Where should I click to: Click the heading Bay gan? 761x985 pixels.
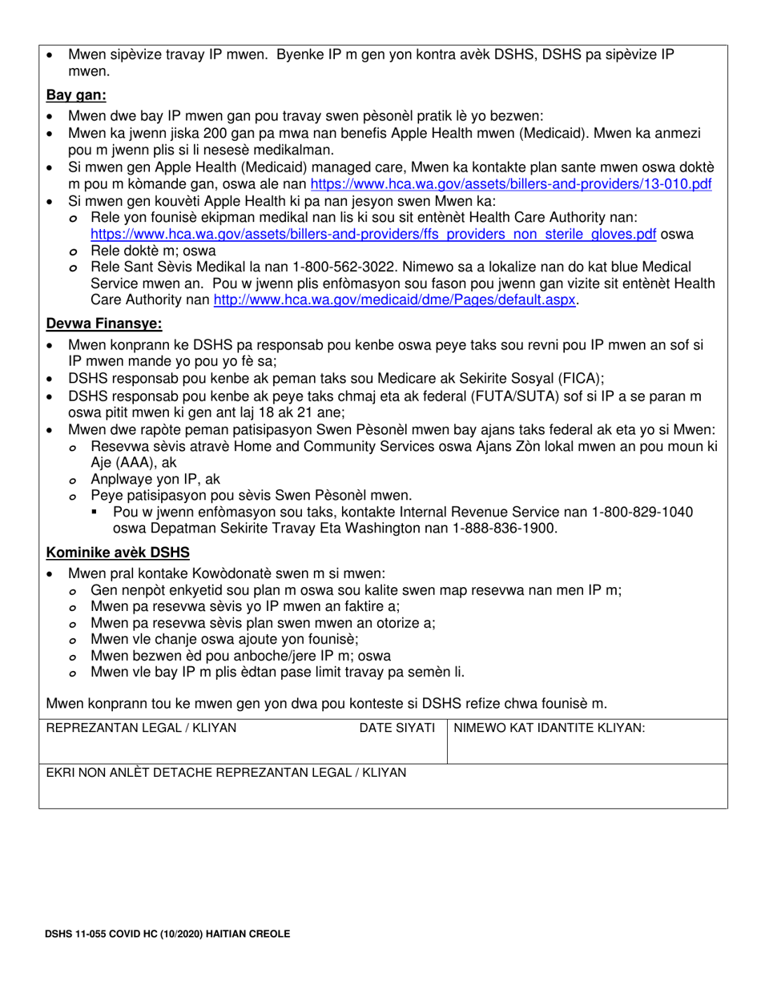pos(76,95)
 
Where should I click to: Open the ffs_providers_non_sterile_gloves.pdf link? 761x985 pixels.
pos(373,234)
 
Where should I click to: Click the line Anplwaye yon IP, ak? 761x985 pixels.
pos(155,479)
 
